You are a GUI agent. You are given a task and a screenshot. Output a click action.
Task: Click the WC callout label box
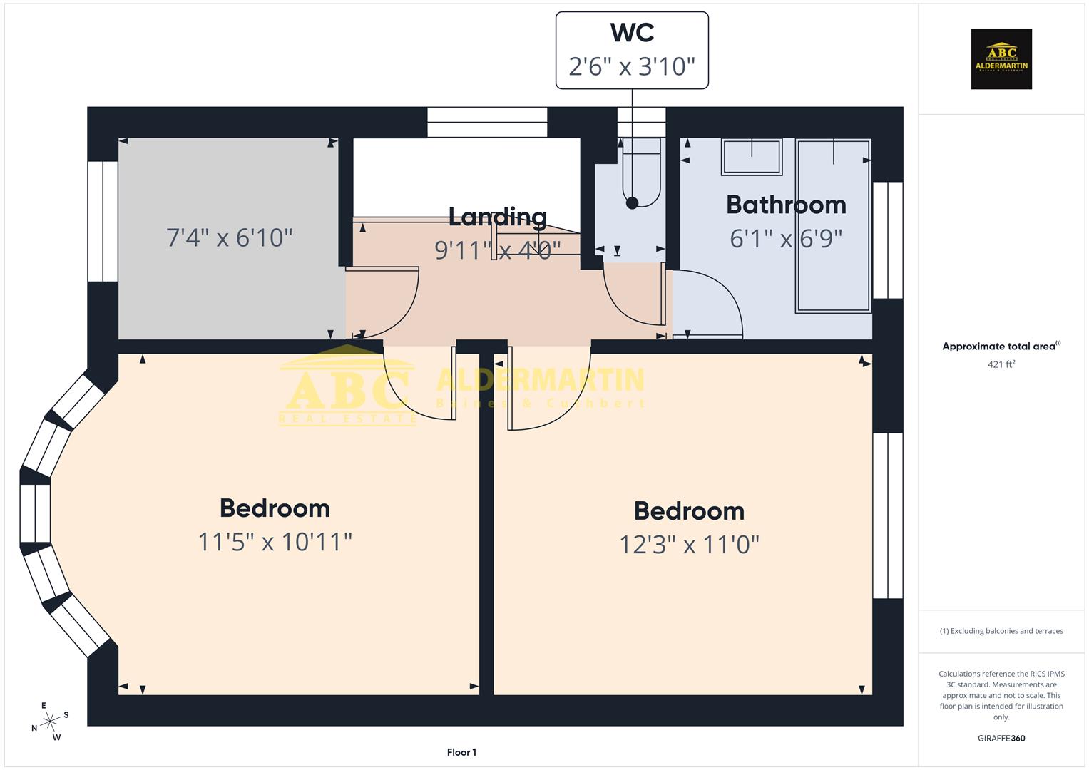point(632,50)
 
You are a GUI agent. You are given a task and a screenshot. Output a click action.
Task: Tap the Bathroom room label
point(786,205)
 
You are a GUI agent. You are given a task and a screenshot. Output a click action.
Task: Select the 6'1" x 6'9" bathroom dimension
point(786,238)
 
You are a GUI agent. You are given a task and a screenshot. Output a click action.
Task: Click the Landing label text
point(497,216)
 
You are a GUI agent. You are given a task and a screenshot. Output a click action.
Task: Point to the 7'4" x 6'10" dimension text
point(229,237)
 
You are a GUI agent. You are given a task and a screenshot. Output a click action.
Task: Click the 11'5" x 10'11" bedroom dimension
point(275,542)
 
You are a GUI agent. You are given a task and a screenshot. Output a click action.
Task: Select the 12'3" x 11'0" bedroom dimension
point(689,545)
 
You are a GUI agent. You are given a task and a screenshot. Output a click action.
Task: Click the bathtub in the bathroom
point(833,225)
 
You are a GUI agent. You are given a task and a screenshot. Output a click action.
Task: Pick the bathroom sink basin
point(752,157)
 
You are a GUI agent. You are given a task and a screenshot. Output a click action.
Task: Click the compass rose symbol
point(51,722)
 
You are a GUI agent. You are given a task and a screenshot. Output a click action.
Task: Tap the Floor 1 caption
point(461,752)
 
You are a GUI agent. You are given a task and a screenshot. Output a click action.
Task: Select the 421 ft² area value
point(1001,364)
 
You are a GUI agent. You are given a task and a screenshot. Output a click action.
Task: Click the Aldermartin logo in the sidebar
point(1001,59)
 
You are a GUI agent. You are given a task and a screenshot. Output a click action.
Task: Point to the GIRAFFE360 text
point(1001,738)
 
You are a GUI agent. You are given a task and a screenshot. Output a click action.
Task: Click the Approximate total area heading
point(1001,346)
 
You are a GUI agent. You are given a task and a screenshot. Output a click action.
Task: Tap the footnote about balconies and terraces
point(1001,631)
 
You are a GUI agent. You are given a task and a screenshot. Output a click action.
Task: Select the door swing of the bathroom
point(706,303)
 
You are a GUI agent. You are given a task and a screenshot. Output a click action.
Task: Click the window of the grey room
point(103,221)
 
